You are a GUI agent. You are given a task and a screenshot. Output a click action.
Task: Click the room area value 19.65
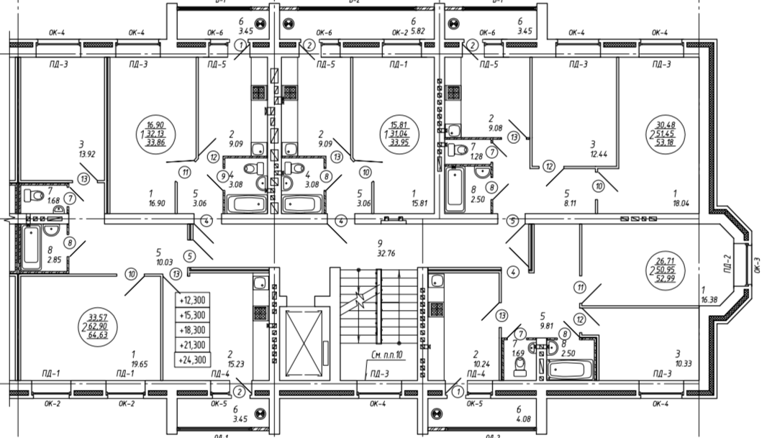(134, 364)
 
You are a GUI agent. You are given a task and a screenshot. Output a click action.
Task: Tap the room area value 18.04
(676, 203)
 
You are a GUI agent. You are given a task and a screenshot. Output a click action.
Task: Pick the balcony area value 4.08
(518, 419)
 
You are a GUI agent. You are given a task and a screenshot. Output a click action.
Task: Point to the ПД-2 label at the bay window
(728, 268)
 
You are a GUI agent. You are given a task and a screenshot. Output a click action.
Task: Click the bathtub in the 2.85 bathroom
(30, 247)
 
